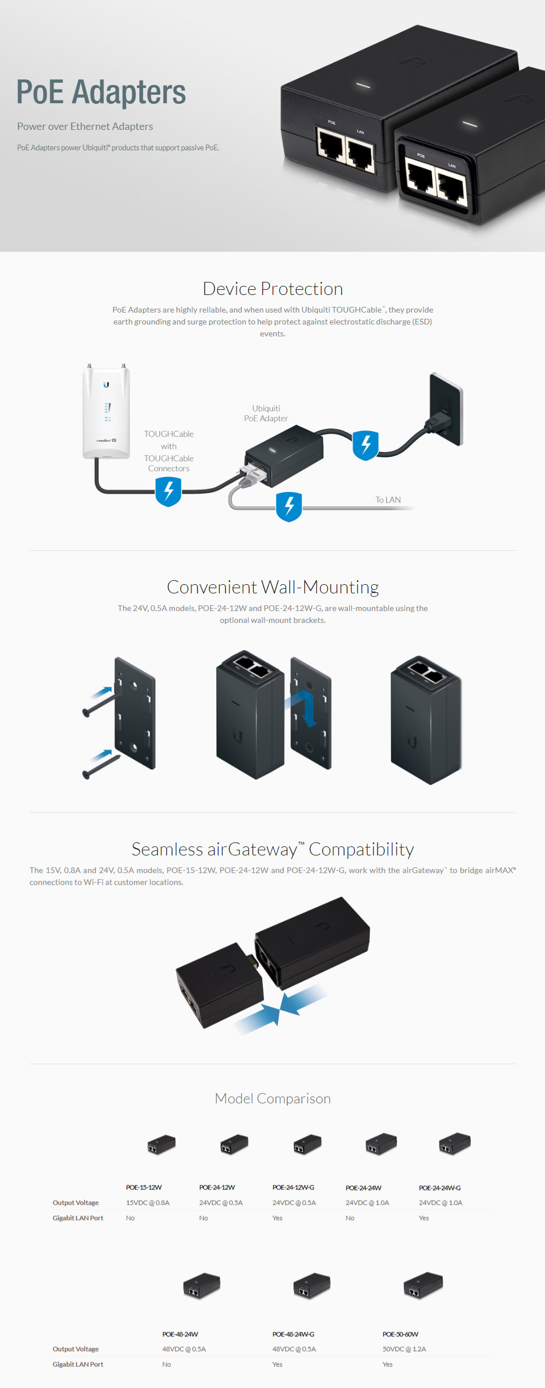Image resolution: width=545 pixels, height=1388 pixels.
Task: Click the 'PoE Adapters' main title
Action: click(101, 92)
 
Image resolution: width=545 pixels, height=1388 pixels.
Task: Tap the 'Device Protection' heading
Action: click(272, 289)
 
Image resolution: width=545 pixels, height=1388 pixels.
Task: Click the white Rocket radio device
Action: click(106, 411)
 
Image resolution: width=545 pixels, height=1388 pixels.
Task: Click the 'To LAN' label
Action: click(388, 500)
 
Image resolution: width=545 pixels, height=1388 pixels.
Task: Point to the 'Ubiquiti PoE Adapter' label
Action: click(266, 414)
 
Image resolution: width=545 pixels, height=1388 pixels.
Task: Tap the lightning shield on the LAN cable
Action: click(289, 506)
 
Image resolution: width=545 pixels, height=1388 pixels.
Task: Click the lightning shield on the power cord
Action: click(365, 445)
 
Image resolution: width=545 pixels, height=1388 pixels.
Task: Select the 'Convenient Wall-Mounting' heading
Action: click(272, 587)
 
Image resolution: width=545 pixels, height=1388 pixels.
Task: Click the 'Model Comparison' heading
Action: click(272, 1099)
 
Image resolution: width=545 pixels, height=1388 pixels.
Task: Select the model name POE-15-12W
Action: click(144, 1187)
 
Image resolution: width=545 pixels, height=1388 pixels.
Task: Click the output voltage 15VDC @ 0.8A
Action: click(148, 1203)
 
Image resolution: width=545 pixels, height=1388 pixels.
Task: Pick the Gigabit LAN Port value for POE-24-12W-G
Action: click(277, 1218)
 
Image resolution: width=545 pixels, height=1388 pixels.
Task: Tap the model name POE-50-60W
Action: click(400, 1334)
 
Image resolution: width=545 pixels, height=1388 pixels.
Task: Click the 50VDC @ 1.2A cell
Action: click(404, 1349)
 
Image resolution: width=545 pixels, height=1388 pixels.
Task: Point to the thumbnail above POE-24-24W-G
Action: click(455, 1144)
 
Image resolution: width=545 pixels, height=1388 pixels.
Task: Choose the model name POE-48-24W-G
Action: click(293, 1334)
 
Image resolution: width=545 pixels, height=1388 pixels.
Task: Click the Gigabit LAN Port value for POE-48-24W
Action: click(166, 1364)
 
